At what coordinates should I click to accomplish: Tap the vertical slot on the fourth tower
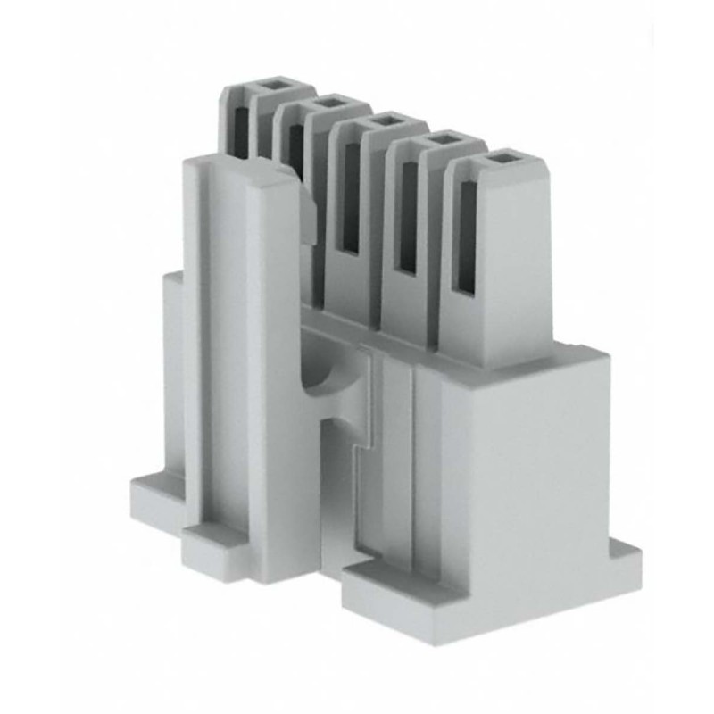[x=409, y=219]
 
